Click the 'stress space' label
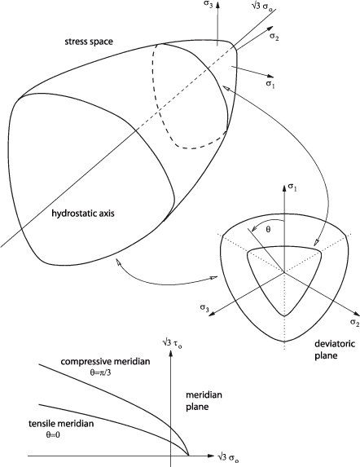(89, 42)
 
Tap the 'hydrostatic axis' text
(83, 214)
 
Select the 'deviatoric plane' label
(335, 350)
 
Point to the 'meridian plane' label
(204, 401)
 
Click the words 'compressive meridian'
(105, 362)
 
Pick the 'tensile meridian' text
(61, 424)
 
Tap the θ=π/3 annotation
(100, 372)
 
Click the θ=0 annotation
(53, 435)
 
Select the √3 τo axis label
(173, 342)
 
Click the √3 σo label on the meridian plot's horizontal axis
(228, 457)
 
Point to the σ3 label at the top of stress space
(208, 5)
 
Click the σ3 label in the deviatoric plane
(204, 307)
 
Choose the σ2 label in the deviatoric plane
(354, 323)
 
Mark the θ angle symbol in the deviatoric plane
(268, 230)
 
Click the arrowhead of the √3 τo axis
(171, 354)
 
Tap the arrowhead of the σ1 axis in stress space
(270, 77)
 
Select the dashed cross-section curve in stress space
(160, 112)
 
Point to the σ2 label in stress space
(274, 37)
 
